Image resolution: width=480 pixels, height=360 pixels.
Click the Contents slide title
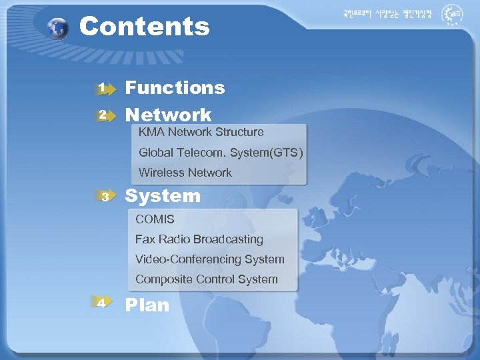[144, 27]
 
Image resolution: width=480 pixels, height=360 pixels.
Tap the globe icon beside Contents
[59, 29]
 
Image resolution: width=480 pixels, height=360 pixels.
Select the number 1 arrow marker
[103, 87]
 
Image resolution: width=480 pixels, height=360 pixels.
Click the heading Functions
[175, 87]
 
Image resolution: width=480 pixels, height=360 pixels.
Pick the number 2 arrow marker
[103, 115]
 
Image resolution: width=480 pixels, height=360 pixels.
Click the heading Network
[169, 115]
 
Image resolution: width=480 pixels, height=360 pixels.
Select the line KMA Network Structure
[201, 132]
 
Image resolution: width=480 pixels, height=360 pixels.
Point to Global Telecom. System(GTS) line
[220, 153]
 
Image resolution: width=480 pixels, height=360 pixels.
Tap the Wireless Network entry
[185, 173]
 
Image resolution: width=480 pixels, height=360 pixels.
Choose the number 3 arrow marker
[105, 196]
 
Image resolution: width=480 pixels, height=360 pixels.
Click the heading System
[163, 196]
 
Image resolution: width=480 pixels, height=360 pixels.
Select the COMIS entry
[155, 219]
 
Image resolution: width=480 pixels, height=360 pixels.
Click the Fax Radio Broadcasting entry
[199, 239]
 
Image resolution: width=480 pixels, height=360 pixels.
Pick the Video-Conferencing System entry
[209, 259]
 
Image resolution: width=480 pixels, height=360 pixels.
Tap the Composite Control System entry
[206, 279]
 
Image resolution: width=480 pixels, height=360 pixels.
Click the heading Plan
[147, 305]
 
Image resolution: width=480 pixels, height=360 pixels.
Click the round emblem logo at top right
[454, 14]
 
